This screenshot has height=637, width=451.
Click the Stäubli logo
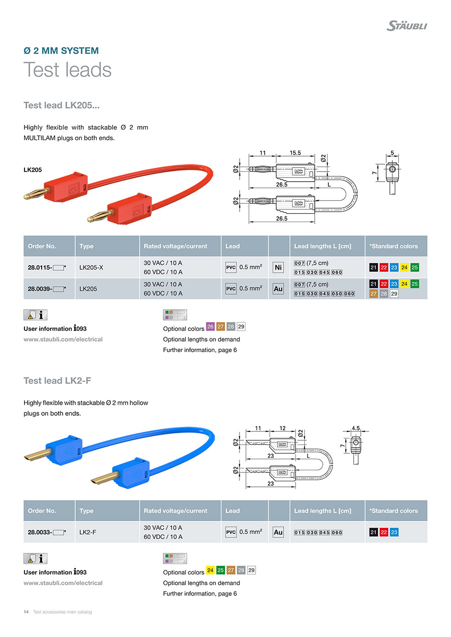[x=406, y=25]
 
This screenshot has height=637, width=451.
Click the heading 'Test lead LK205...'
[x=62, y=105]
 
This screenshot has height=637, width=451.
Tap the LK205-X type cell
[x=91, y=267]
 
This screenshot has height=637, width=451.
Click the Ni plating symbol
[x=278, y=268]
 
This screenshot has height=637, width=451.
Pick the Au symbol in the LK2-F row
[x=278, y=532]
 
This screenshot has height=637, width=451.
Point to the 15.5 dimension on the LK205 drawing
[x=295, y=153]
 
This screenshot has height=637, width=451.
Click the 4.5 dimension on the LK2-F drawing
[x=356, y=428]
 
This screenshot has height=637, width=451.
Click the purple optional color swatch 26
[x=210, y=327]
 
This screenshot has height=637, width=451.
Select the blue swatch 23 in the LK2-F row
[x=394, y=532]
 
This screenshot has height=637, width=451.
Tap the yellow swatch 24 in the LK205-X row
[x=404, y=267]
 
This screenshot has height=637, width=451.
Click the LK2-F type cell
[x=88, y=532]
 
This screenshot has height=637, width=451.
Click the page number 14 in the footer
[x=26, y=612]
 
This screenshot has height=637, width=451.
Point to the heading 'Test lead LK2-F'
[x=57, y=381]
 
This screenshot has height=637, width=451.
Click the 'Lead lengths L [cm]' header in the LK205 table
[x=323, y=246]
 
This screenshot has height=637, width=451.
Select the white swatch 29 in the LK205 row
[x=394, y=294]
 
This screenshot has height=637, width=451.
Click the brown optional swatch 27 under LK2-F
[x=231, y=570]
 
